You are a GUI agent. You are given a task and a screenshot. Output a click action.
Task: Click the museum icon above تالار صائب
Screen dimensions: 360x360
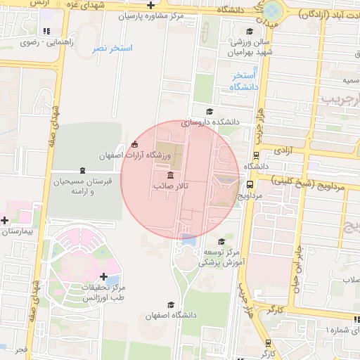[x=169, y=175]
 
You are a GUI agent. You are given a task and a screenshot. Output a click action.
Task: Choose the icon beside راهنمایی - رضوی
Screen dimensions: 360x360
[x=46, y=32]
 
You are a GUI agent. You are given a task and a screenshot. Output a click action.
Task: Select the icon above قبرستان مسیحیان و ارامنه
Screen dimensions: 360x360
[x=82, y=171]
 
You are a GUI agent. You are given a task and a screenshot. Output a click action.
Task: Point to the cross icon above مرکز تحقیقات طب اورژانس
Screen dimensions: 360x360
[x=104, y=277]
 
